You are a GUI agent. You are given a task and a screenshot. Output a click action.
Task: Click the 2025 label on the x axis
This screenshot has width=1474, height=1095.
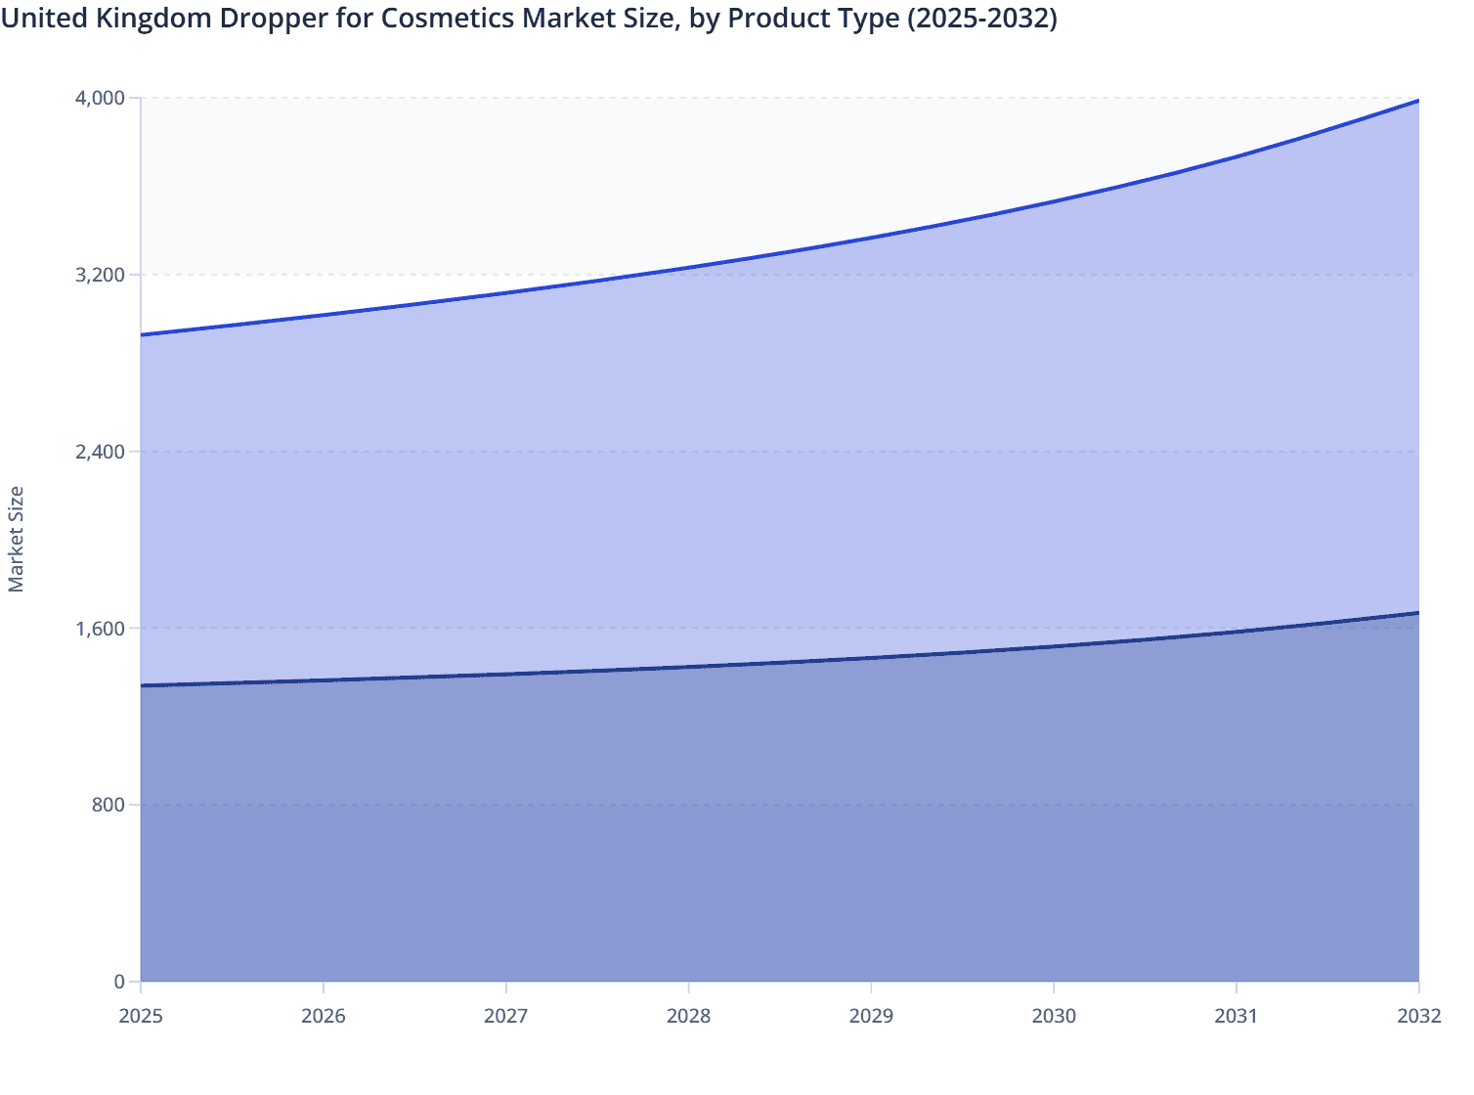141,1016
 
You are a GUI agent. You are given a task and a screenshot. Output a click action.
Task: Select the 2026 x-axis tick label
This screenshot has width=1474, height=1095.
324,1016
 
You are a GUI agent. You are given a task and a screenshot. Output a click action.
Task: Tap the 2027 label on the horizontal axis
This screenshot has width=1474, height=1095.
506,1016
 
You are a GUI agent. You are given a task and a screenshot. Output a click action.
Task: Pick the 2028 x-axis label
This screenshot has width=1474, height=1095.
689,1016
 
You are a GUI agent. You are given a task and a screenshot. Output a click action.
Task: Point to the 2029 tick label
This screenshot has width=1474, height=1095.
871,1016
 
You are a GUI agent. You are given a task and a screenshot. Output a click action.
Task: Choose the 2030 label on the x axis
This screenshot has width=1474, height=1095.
1054,1016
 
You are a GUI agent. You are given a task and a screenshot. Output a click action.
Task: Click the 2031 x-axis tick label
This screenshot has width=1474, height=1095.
1236,1016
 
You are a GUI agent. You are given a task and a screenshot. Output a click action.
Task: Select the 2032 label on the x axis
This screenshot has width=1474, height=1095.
1418,1016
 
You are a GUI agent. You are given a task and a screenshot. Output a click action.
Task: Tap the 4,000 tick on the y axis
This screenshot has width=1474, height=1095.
100,98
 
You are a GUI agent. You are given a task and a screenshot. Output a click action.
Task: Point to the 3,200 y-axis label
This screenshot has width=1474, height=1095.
100,275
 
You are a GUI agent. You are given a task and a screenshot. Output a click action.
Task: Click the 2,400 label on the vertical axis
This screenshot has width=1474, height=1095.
100,452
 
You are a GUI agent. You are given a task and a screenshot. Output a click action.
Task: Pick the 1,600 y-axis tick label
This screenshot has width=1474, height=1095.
100,629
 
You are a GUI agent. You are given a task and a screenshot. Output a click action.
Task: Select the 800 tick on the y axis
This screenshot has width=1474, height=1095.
108,805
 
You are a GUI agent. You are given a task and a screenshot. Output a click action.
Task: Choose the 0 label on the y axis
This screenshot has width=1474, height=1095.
119,982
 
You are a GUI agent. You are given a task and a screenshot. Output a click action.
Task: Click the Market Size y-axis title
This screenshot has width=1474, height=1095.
16,539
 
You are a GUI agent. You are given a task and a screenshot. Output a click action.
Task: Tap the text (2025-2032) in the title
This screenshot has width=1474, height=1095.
981,19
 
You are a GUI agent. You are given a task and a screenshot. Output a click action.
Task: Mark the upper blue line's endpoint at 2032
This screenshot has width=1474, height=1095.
1418,101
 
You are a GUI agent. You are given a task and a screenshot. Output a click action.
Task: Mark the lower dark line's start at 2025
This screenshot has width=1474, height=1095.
142,685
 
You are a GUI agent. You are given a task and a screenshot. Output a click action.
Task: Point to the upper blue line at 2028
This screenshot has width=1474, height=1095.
689,268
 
